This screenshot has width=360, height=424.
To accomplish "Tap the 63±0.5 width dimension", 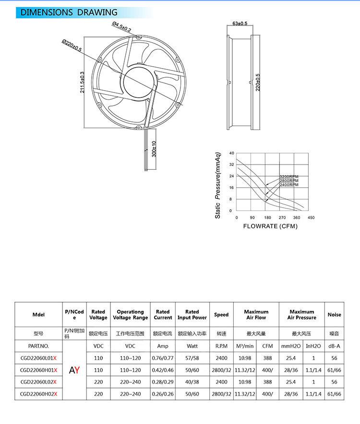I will click(240, 23).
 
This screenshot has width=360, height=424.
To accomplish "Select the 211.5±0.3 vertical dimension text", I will click(82, 82).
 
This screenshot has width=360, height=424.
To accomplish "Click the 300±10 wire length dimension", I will click(154, 149).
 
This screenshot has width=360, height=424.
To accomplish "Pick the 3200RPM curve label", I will click(289, 177).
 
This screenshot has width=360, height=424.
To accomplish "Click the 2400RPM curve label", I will click(289, 185).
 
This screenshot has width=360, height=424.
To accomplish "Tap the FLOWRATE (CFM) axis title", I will click(270, 226).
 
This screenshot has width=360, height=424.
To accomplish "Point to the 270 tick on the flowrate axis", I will click(282, 218).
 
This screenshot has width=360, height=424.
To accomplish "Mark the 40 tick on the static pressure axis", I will click(231, 153).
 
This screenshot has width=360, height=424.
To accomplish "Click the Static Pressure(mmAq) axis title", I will click(218, 186).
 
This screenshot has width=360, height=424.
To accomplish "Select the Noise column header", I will click(335, 315).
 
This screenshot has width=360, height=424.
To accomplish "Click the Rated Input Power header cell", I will click(192, 315).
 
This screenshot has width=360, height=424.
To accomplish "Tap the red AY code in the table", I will click(74, 370).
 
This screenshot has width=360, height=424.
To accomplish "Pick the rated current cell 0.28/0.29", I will click(163, 382).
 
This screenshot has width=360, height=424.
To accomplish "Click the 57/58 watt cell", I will click(192, 358).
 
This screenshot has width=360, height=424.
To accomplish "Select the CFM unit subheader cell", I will click(267, 346).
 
